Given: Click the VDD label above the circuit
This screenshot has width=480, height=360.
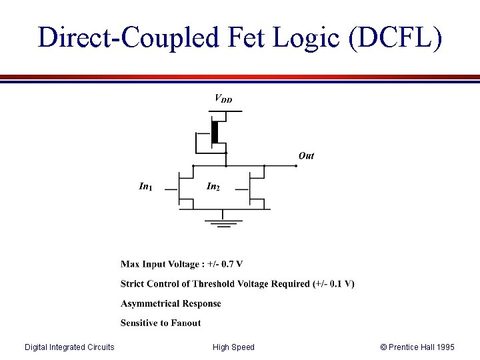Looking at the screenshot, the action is pyautogui.click(x=223, y=99).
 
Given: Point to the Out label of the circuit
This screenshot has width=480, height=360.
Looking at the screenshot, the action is pyautogui.click(x=306, y=155).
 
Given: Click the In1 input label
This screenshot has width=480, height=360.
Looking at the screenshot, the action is pyautogui.click(x=145, y=187).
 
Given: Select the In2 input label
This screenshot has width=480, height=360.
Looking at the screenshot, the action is pyautogui.click(x=213, y=187).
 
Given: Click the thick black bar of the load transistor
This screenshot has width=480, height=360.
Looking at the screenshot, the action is pyautogui.click(x=215, y=132).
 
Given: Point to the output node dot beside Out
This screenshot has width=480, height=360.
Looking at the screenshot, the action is pyautogui.click(x=296, y=166).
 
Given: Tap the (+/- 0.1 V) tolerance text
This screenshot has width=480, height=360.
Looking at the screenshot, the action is pyautogui.click(x=333, y=283).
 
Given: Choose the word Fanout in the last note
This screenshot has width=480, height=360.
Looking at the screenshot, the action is pyautogui.click(x=185, y=323).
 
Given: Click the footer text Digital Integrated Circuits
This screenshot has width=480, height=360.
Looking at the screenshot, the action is pyautogui.click(x=69, y=347).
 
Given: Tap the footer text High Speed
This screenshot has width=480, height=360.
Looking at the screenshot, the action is pyautogui.click(x=233, y=347).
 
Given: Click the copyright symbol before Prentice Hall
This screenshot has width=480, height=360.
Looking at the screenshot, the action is pyautogui.click(x=383, y=347).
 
